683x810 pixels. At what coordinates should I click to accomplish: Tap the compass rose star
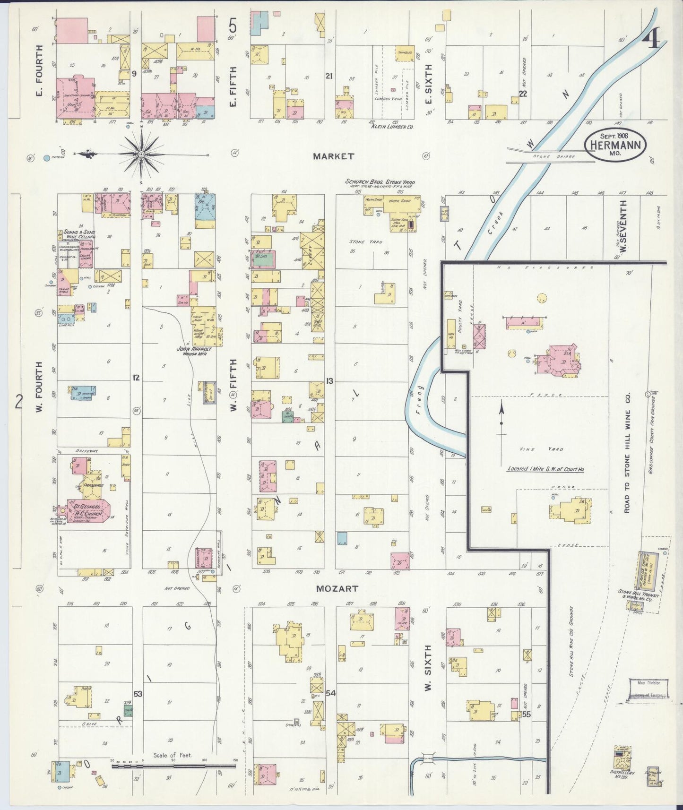coord(141,154)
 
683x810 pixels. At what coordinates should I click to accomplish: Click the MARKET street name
coord(333,156)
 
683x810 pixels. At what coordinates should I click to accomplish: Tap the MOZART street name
coord(337,589)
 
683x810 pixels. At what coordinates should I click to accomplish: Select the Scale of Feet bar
coord(173,766)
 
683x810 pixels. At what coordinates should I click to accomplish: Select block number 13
coord(329,381)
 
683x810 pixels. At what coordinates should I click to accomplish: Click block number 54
coord(330,693)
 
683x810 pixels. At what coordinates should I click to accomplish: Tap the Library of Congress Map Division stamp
coord(648,689)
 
